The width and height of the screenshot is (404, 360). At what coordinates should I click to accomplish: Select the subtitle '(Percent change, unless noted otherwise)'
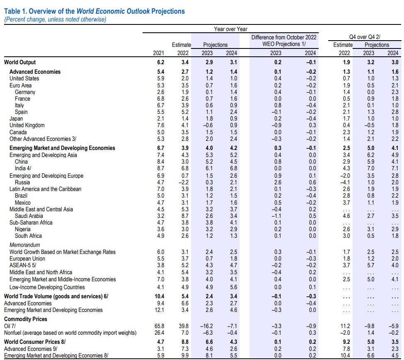coord(55,20)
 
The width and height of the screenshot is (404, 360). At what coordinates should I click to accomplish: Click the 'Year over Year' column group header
coord(230,29)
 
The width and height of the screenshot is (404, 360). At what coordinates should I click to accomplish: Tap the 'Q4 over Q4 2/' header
coord(365,37)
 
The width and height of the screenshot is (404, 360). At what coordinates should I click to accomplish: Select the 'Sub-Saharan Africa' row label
coord(31,222)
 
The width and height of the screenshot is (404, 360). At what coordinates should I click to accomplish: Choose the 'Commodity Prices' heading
coord(26,319)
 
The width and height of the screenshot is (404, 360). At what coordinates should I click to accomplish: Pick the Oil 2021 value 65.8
coord(159,326)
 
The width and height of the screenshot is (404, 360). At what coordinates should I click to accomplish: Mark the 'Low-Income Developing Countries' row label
coord(47,287)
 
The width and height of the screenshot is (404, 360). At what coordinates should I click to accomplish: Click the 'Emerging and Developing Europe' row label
coord(46,176)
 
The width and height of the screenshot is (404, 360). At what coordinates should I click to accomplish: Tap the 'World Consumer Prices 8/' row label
coord(35,342)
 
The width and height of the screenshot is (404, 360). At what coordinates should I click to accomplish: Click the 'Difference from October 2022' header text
coord(284,37)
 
